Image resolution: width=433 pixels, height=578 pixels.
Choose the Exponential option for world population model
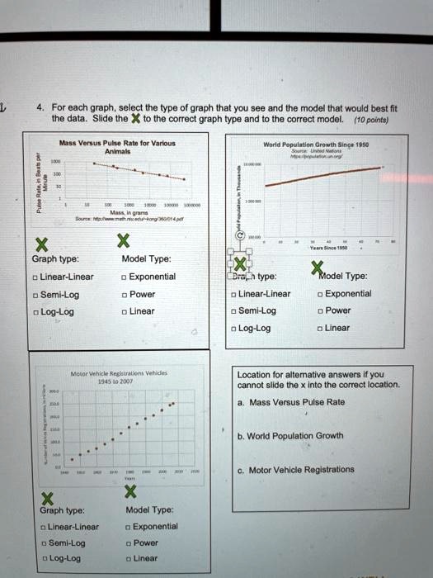pyautogui.click(x=321, y=293)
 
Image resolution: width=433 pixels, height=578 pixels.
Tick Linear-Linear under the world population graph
pyautogui.click(x=235, y=293)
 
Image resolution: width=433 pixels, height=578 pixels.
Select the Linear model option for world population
pyautogui.click(x=321, y=328)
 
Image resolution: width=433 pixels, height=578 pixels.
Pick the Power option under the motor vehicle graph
pyautogui.click(x=127, y=543)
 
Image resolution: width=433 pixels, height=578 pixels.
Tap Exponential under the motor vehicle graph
pyautogui.click(x=127, y=526)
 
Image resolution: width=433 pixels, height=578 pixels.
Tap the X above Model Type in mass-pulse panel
pyautogui.click(x=124, y=241)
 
